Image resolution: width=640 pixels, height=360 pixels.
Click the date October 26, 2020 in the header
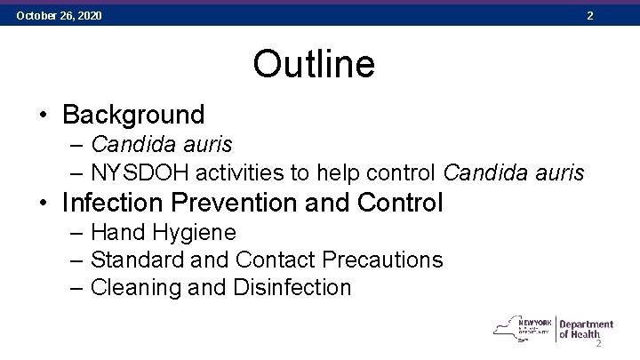[x=59, y=16]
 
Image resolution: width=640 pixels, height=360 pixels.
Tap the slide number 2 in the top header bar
[x=589, y=16]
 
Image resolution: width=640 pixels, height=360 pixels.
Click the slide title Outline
[x=314, y=64]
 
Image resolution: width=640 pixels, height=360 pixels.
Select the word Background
[x=134, y=115]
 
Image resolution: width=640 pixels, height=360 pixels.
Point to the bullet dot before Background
[x=44, y=116]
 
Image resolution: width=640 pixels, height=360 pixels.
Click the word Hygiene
[x=193, y=233]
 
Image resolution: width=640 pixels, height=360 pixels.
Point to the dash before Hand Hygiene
[x=75, y=233]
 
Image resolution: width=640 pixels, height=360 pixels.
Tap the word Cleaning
[x=134, y=288]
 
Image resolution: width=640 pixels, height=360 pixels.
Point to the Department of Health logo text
[x=586, y=330]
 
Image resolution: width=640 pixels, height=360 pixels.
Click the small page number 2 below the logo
[x=599, y=344]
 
